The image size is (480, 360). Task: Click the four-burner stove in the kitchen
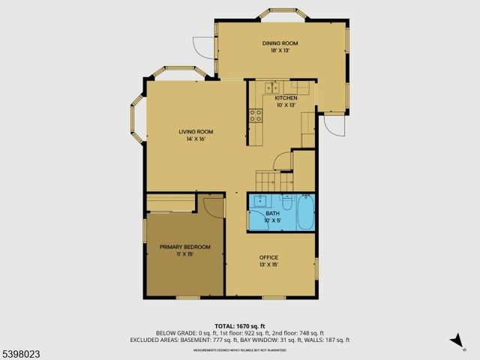click(255, 115)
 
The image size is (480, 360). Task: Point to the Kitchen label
click(286, 98)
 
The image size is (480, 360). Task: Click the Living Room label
click(190, 132)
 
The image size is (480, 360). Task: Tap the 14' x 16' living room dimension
click(190, 139)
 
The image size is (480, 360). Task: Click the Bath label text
click(273, 213)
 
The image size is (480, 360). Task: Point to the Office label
click(268, 257)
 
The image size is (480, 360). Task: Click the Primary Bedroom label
click(184, 247)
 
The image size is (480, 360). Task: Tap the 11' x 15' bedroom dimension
click(184, 254)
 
